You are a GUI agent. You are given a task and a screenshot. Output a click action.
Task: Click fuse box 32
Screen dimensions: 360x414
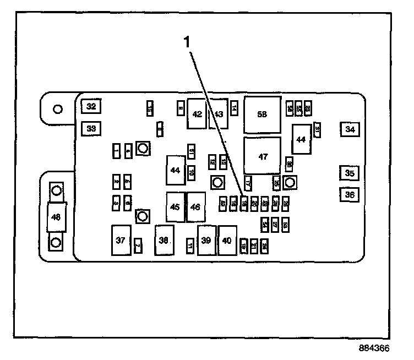(x=90, y=106)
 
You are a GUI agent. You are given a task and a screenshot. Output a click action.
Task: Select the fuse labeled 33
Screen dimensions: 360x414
(x=90, y=129)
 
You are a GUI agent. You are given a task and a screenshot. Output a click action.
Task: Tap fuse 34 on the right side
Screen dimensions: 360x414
(x=350, y=129)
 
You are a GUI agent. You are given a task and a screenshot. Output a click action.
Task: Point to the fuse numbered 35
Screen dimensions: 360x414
(x=350, y=173)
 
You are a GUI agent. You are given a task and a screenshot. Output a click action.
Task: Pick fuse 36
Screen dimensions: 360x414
(x=350, y=194)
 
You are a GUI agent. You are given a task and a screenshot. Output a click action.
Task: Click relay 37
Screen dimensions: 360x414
(x=121, y=240)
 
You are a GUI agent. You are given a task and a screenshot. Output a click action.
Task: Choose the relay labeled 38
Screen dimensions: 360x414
(x=164, y=240)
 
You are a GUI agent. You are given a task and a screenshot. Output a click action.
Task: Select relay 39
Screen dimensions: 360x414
(x=206, y=240)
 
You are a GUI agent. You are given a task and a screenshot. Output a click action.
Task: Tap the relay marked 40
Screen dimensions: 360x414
(x=227, y=240)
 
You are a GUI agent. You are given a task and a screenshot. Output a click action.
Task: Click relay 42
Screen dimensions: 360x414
(x=197, y=113)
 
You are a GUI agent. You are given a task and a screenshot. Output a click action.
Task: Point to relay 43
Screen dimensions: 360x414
(x=219, y=113)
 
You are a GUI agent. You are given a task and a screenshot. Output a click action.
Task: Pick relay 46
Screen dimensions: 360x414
(x=195, y=208)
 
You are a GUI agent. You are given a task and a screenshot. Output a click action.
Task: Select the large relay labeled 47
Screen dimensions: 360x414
(x=262, y=156)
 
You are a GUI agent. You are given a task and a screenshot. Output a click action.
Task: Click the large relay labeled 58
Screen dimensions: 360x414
(x=262, y=114)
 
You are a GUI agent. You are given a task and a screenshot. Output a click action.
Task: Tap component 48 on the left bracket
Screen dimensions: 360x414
(x=56, y=217)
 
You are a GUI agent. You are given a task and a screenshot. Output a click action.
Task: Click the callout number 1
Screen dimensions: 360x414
(x=187, y=41)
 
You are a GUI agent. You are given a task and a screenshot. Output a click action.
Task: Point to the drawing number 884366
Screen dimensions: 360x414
(x=374, y=349)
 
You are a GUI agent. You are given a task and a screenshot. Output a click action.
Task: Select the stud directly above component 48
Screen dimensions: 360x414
(x=56, y=191)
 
